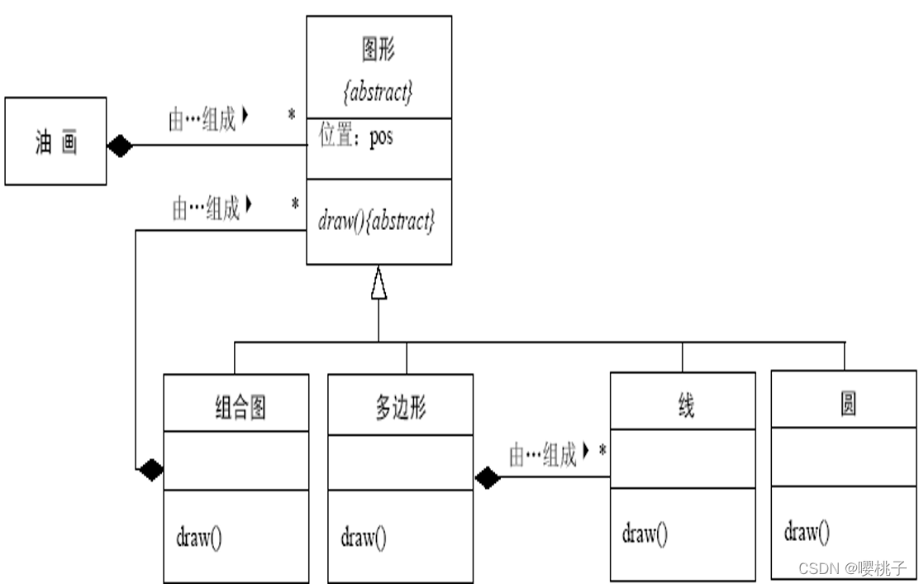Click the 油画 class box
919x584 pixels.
tap(56, 141)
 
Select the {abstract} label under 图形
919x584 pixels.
tap(378, 93)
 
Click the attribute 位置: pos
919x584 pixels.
tap(356, 136)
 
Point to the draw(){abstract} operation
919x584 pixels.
tap(376, 222)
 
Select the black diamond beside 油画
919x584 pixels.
tap(120, 146)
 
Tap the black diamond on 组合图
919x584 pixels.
tap(150, 470)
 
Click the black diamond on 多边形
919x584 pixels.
tap(487, 477)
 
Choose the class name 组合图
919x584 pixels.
tap(240, 407)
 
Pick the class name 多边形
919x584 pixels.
tap(400, 407)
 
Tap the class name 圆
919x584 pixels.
tap(846, 403)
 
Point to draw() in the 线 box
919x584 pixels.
tap(645, 534)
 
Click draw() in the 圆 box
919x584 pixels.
tap(807, 532)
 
